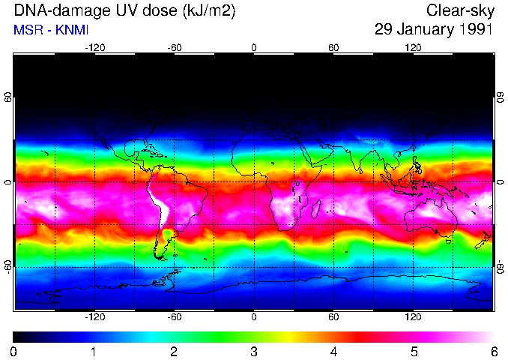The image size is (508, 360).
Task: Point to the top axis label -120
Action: (94, 47)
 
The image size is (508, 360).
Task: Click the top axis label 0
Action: (253, 47)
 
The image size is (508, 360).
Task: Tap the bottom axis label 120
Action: (413, 317)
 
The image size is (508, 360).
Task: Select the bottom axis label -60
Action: (174, 317)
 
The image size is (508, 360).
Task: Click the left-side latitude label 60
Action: (9, 97)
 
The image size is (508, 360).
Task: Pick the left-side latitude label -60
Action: (9, 267)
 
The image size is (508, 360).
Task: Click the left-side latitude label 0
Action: (9, 182)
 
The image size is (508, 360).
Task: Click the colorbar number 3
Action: (253, 351)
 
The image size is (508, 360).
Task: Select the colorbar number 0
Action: (14, 351)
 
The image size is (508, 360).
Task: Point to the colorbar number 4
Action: (333, 351)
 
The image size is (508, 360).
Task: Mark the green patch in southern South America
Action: (167, 236)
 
